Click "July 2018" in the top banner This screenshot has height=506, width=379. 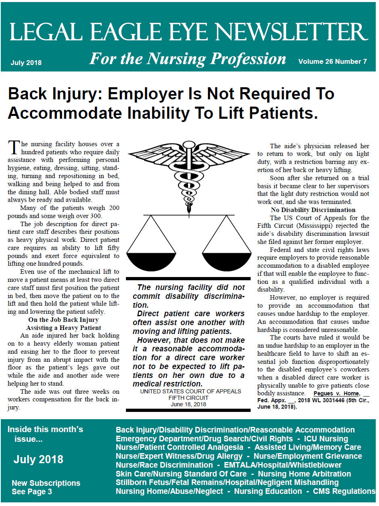pos(26,63)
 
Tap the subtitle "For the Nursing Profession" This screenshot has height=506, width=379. pos(187,59)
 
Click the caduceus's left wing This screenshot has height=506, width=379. pos(155,155)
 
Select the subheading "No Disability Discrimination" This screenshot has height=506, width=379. pos(313,210)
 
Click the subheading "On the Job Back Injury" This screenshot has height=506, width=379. pos(63,320)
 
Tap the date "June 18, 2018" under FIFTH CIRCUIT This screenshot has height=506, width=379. pos(188,404)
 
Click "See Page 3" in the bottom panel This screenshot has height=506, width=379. pos(32,491)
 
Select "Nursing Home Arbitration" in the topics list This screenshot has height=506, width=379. pos(304,474)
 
